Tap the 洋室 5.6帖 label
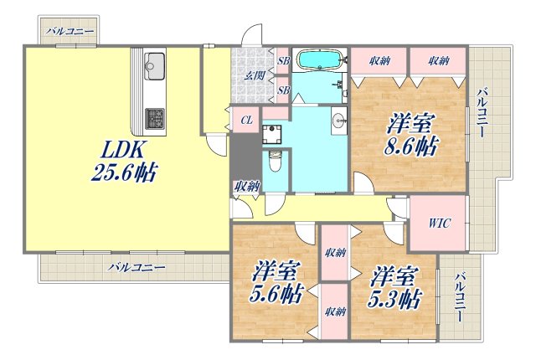coord(276,283)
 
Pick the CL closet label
coord(246,119)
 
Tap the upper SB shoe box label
coord(283,61)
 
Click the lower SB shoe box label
coord(283,90)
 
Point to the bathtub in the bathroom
coord(319,60)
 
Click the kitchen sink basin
coord(155,62)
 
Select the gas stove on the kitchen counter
coord(155,119)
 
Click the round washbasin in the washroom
coord(338,120)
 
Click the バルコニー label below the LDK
coord(137,268)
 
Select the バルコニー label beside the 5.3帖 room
coord(459,300)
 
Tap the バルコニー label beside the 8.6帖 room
coord(482,113)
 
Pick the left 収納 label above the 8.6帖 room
coord(379,61)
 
